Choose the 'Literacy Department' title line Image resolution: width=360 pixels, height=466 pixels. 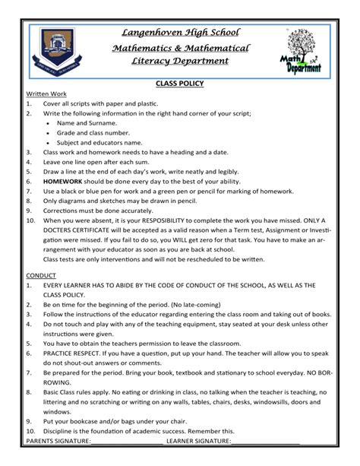180,62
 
